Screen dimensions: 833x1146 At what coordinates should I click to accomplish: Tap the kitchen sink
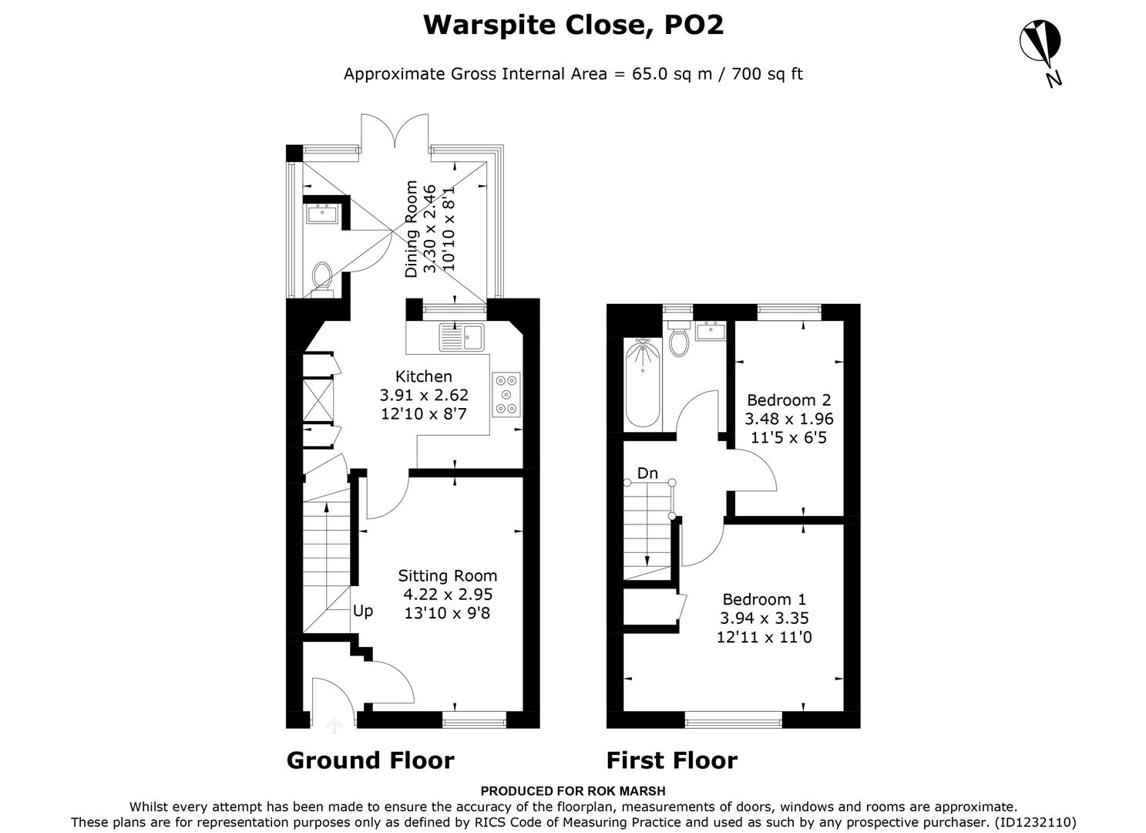(461, 337)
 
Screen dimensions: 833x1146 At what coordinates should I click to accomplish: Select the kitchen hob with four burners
(506, 394)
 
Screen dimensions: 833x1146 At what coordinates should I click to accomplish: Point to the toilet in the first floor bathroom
(679, 341)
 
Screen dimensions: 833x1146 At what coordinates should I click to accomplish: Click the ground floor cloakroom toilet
(321, 278)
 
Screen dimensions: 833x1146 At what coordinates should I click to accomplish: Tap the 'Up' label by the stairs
(363, 611)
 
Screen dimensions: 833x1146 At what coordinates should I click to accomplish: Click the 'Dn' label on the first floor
(647, 473)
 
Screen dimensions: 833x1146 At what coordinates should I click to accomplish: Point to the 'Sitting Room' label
(447, 575)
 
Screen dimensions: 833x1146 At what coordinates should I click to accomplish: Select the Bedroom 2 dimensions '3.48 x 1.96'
(788, 419)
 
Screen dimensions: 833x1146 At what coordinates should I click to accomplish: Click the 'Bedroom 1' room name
(764, 599)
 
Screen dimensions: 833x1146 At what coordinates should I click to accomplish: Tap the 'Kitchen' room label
(423, 376)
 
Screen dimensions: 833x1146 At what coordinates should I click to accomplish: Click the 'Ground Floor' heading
(370, 760)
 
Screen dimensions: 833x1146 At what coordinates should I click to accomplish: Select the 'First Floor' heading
(671, 760)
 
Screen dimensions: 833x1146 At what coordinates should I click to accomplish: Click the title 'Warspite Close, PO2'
(573, 25)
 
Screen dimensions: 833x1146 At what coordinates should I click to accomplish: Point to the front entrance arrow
(334, 724)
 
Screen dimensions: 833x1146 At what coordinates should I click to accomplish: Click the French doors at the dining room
(394, 130)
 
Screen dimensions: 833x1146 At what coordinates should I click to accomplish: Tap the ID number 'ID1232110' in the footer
(1035, 822)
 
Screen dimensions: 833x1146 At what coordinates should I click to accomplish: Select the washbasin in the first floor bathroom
(710, 332)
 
